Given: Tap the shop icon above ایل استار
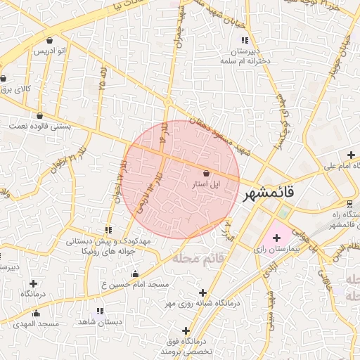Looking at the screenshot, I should [x=205, y=173].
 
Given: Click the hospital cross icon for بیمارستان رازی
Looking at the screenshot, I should [x=276, y=238].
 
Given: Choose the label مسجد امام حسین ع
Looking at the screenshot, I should [x=136, y=284].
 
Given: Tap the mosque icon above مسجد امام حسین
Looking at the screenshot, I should [x=135, y=274].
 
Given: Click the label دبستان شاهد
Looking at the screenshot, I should [x=101, y=321].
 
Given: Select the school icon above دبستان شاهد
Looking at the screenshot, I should [x=99, y=310].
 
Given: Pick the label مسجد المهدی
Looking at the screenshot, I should [x=35, y=324].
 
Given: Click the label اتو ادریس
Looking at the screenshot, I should [x=49, y=51].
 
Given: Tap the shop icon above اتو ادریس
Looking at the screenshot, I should [x=49, y=40].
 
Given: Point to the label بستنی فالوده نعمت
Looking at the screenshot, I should [x=38, y=127].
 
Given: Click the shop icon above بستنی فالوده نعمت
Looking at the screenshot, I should [x=39, y=116].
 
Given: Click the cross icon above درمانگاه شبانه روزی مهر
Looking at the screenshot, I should [x=203, y=292].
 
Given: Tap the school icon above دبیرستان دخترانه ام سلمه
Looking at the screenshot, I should [x=245, y=40].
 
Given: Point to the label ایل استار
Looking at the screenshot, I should [x=205, y=184].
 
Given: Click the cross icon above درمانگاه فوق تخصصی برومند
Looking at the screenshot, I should [x=186, y=330].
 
